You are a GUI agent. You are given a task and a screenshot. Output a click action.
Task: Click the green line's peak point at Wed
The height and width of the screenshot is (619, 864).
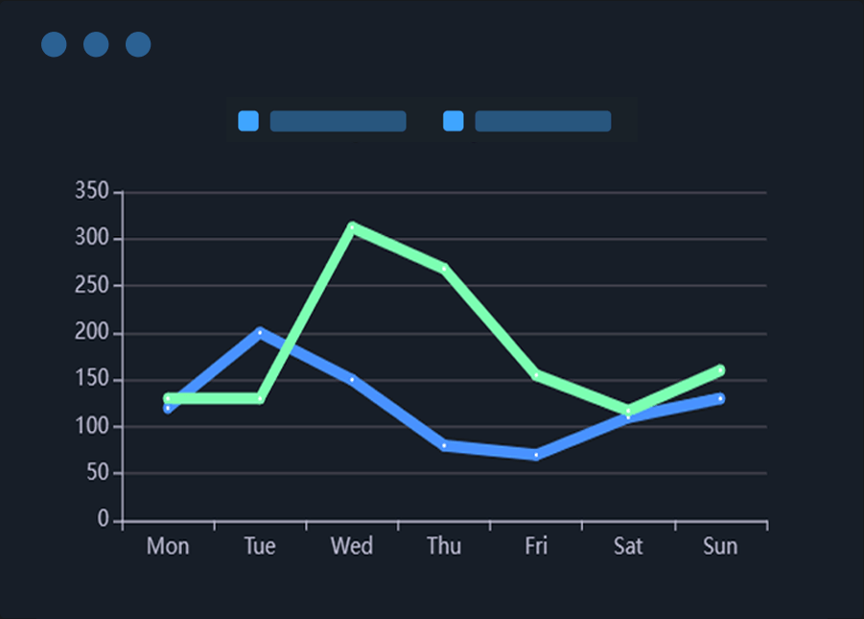click(x=352, y=227)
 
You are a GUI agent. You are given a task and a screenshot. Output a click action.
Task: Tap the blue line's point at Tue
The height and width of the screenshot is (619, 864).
click(x=260, y=332)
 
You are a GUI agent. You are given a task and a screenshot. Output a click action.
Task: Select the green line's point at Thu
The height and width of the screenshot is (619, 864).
click(x=444, y=269)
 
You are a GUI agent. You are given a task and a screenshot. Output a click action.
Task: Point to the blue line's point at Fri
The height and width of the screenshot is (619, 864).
click(x=536, y=455)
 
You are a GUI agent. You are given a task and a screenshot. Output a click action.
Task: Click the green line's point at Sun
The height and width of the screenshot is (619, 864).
click(x=720, y=369)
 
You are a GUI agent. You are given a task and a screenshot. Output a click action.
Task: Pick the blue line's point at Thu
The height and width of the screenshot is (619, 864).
click(x=444, y=445)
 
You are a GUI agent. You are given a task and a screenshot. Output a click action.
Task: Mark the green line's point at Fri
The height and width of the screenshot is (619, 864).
click(x=536, y=374)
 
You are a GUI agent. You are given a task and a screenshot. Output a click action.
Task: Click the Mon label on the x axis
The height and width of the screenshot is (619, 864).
click(x=168, y=546)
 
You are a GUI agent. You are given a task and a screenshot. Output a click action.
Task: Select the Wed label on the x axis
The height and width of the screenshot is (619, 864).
click(x=352, y=546)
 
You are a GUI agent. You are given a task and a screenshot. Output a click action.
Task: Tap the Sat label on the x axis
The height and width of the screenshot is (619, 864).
click(x=628, y=546)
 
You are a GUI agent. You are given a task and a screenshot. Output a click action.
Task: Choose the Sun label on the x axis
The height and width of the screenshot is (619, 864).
click(x=720, y=546)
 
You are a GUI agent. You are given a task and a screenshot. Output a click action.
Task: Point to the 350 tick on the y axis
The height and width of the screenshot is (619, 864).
click(x=92, y=192)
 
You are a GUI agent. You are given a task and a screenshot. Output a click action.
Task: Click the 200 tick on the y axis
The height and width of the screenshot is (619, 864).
click(x=92, y=333)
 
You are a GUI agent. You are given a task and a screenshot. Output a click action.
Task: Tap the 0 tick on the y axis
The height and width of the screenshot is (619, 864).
click(x=104, y=520)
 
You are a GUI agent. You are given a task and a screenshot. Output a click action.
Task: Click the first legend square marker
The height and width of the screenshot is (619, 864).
click(x=248, y=121)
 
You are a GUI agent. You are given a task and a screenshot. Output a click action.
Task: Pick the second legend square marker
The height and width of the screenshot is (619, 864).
click(x=454, y=121)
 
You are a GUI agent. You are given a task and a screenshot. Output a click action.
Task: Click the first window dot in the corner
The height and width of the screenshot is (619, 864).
click(x=54, y=44)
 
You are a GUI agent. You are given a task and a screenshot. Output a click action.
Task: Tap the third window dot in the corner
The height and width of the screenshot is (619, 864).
click(x=138, y=44)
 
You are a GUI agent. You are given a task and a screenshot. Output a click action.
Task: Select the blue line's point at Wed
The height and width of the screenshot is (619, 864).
click(x=352, y=380)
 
